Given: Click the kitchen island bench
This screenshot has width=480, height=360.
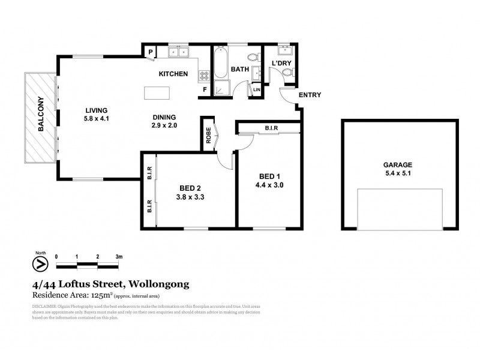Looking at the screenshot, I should [x=157, y=94].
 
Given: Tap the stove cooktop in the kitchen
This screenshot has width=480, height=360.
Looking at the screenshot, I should [x=204, y=76].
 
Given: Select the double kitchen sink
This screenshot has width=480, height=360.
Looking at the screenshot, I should [x=178, y=52].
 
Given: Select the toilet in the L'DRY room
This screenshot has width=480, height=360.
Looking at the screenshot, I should [x=287, y=73].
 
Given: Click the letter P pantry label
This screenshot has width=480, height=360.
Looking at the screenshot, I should [x=151, y=52].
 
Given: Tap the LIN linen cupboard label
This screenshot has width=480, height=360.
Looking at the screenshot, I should [x=257, y=90].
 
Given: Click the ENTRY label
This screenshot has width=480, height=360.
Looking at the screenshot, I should [x=310, y=95].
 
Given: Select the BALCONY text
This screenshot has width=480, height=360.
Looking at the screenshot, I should [x=41, y=115].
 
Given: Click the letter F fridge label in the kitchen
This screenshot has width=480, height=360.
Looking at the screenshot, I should [x=204, y=91].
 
